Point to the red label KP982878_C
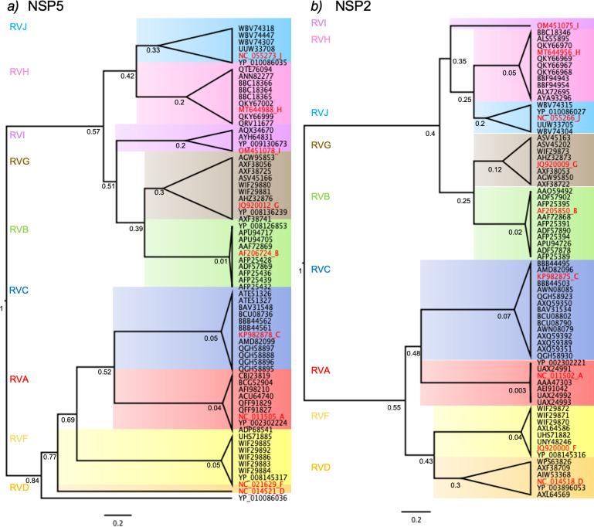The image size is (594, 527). (258, 334)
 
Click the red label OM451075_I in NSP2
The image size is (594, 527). (557, 25)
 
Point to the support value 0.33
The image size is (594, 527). (153, 50)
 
